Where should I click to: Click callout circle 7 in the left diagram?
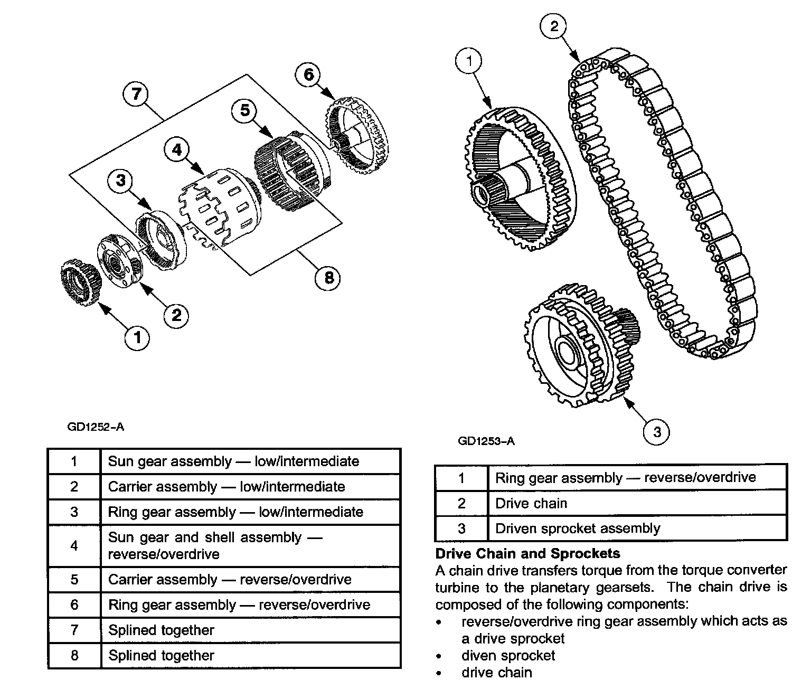pyautogui.click(x=136, y=95)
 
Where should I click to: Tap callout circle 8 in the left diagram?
pyautogui.click(x=328, y=277)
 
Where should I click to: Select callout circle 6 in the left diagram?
pyautogui.click(x=308, y=74)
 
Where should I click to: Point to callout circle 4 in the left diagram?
pyautogui.click(x=176, y=150)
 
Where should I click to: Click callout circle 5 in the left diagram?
pyautogui.click(x=244, y=110)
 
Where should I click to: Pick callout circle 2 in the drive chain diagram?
pyautogui.click(x=554, y=26)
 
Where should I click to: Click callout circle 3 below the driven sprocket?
pyautogui.click(x=657, y=432)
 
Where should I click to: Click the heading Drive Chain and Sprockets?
pyautogui.click(x=527, y=553)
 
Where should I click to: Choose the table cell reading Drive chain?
pyautogui.click(x=531, y=503)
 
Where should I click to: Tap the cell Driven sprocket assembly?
pyautogui.click(x=578, y=528)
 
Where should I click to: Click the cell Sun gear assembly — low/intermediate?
pyautogui.click(x=233, y=461)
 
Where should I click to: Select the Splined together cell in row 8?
pyautogui.click(x=161, y=656)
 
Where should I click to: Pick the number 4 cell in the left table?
pyautogui.click(x=74, y=545)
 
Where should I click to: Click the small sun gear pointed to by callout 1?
pyautogui.click(x=79, y=282)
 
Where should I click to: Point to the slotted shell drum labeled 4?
pyautogui.click(x=219, y=209)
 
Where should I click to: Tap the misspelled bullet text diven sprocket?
pyautogui.click(x=508, y=656)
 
